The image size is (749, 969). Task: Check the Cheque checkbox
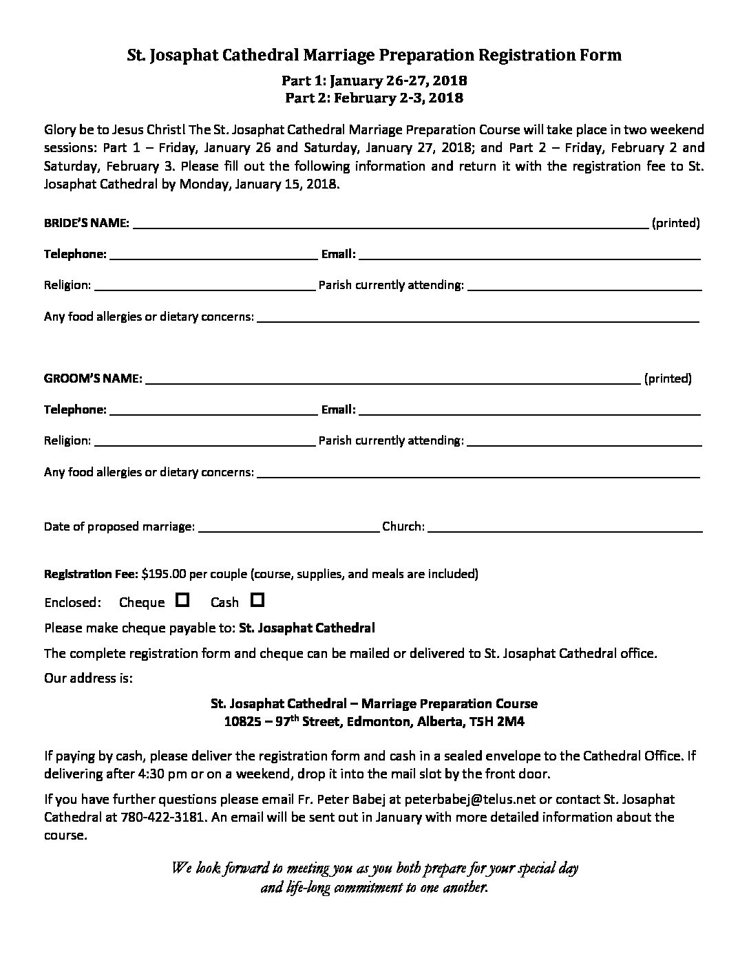tap(182, 600)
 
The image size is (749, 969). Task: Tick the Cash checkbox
tap(257, 600)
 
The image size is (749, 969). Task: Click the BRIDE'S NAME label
tap(87, 223)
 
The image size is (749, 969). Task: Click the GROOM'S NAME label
tap(94, 379)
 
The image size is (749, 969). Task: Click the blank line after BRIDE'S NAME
tap(390, 225)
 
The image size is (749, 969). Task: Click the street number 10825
tap(241, 722)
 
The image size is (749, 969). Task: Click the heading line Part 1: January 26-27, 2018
tap(374, 80)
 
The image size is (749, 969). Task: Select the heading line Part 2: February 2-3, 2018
tap(374, 98)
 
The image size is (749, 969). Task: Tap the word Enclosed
tap(72, 603)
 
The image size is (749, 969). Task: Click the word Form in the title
tap(601, 55)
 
